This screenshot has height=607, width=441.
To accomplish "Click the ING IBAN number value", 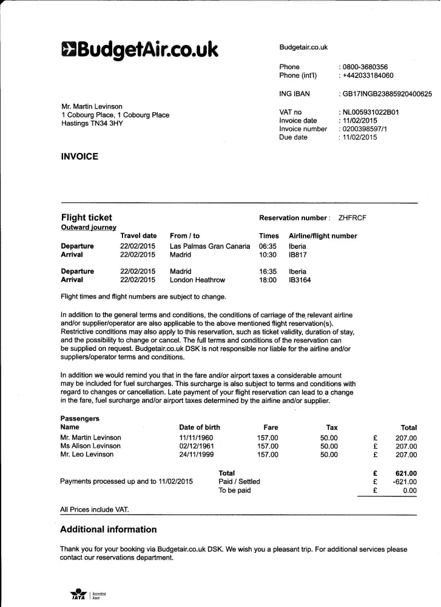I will click(x=387, y=94).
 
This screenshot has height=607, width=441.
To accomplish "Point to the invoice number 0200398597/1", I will click(x=366, y=129).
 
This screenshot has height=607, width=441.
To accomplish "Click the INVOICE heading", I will click(x=79, y=157).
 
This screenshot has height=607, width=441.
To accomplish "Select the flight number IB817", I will click(x=298, y=255).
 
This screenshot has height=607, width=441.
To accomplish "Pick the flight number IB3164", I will click(x=300, y=280).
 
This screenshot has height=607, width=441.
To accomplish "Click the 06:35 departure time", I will click(x=268, y=246).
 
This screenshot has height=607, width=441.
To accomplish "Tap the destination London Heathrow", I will click(x=197, y=280).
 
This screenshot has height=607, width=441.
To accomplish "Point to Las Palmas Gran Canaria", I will click(x=209, y=246).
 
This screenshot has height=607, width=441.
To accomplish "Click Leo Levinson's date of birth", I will click(x=197, y=454).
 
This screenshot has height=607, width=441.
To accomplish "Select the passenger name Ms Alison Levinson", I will click(x=90, y=446).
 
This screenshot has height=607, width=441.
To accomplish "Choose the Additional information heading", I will click(x=108, y=529).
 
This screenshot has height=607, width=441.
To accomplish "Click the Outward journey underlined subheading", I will click(x=89, y=228).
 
